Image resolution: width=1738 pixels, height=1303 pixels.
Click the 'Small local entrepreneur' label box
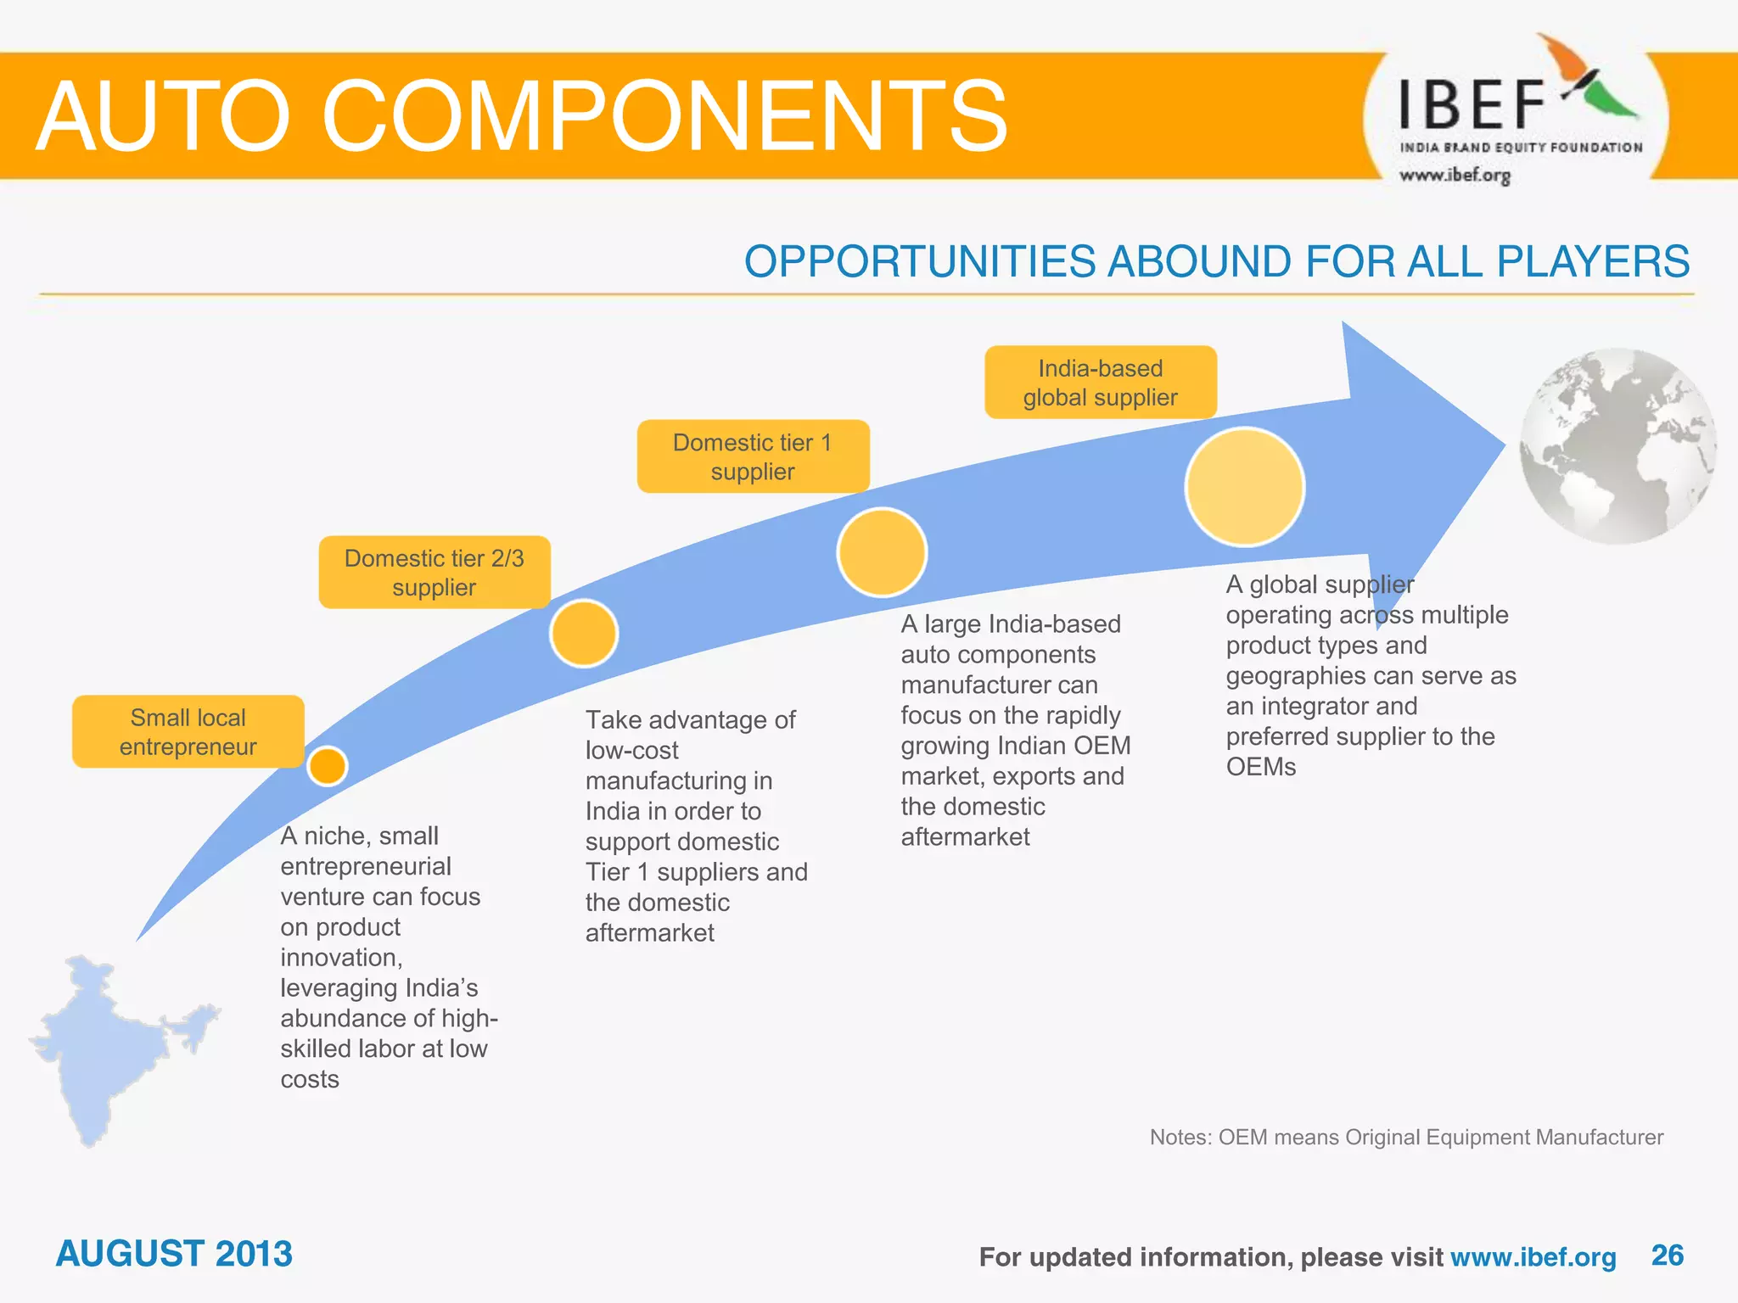[x=188, y=731]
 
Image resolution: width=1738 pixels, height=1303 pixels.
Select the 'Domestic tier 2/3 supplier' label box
[x=434, y=572]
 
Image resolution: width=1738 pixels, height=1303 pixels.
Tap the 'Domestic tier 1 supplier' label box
[x=753, y=456]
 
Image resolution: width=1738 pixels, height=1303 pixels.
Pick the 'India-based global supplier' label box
[x=1100, y=383]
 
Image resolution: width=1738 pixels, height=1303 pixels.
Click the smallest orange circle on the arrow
[x=328, y=766]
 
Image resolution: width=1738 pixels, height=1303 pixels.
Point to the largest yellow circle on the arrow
[x=1244, y=487]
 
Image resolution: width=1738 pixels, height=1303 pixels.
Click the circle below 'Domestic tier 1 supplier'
[x=882, y=552]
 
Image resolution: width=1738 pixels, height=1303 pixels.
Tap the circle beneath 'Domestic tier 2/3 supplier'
[x=584, y=634]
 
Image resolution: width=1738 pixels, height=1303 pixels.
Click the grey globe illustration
[x=1617, y=446]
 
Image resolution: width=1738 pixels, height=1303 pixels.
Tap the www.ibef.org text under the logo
[x=1455, y=176]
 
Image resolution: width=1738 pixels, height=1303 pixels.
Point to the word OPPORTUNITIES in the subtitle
[x=920, y=261]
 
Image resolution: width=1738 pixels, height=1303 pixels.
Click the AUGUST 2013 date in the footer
[x=174, y=1254]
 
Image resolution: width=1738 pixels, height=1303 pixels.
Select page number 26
[x=1667, y=1255]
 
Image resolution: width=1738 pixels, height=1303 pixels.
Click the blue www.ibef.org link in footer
[x=1533, y=1257]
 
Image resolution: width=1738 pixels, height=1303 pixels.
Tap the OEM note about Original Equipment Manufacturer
[x=1406, y=1137]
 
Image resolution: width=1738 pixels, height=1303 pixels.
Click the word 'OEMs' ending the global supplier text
[x=1261, y=767]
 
